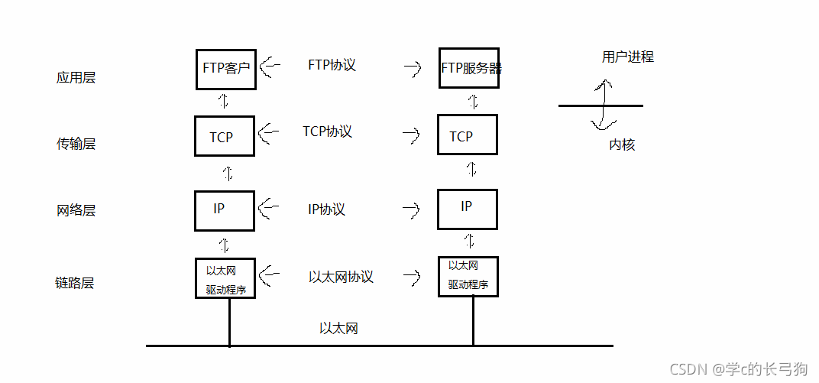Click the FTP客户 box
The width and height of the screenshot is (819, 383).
click(x=225, y=70)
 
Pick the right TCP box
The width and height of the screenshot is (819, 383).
click(x=468, y=136)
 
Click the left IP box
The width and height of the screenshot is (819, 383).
click(x=225, y=210)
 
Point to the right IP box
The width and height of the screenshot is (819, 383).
click(x=468, y=208)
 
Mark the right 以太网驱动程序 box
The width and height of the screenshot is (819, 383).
click(x=468, y=276)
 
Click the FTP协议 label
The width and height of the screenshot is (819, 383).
click(x=332, y=65)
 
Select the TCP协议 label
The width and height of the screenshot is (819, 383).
click(x=327, y=131)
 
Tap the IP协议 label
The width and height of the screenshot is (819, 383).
click(x=326, y=209)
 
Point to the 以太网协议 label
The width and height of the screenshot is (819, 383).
click(x=341, y=277)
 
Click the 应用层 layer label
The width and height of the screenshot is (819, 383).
click(x=76, y=78)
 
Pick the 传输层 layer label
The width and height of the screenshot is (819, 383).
click(x=76, y=144)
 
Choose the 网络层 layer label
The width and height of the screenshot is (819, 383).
click(x=76, y=210)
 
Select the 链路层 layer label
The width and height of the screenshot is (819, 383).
click(x=76, y=284)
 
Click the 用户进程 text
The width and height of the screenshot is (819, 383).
click(x=627, y=57)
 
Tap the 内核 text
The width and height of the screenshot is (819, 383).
click(x=622, y=144)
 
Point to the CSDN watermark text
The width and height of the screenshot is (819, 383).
click(x=738, y=369)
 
